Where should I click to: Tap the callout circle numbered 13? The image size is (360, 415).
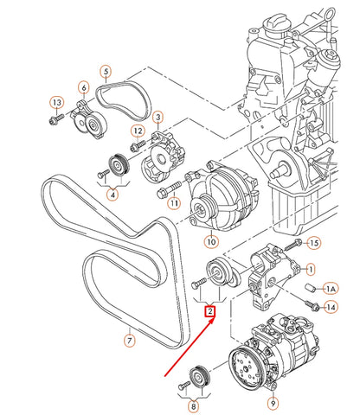[55, 103]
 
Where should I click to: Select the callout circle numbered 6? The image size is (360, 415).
[84, 88]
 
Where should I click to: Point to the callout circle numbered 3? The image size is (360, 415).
[157, 116]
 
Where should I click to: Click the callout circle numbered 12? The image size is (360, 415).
[137, 131]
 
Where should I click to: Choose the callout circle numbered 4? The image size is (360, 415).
[113, 195]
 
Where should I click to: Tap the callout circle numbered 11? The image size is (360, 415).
[173, 202]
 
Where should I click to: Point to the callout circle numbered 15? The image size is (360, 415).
[313, 243]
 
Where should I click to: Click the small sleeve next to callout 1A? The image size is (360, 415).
[311, 286]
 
